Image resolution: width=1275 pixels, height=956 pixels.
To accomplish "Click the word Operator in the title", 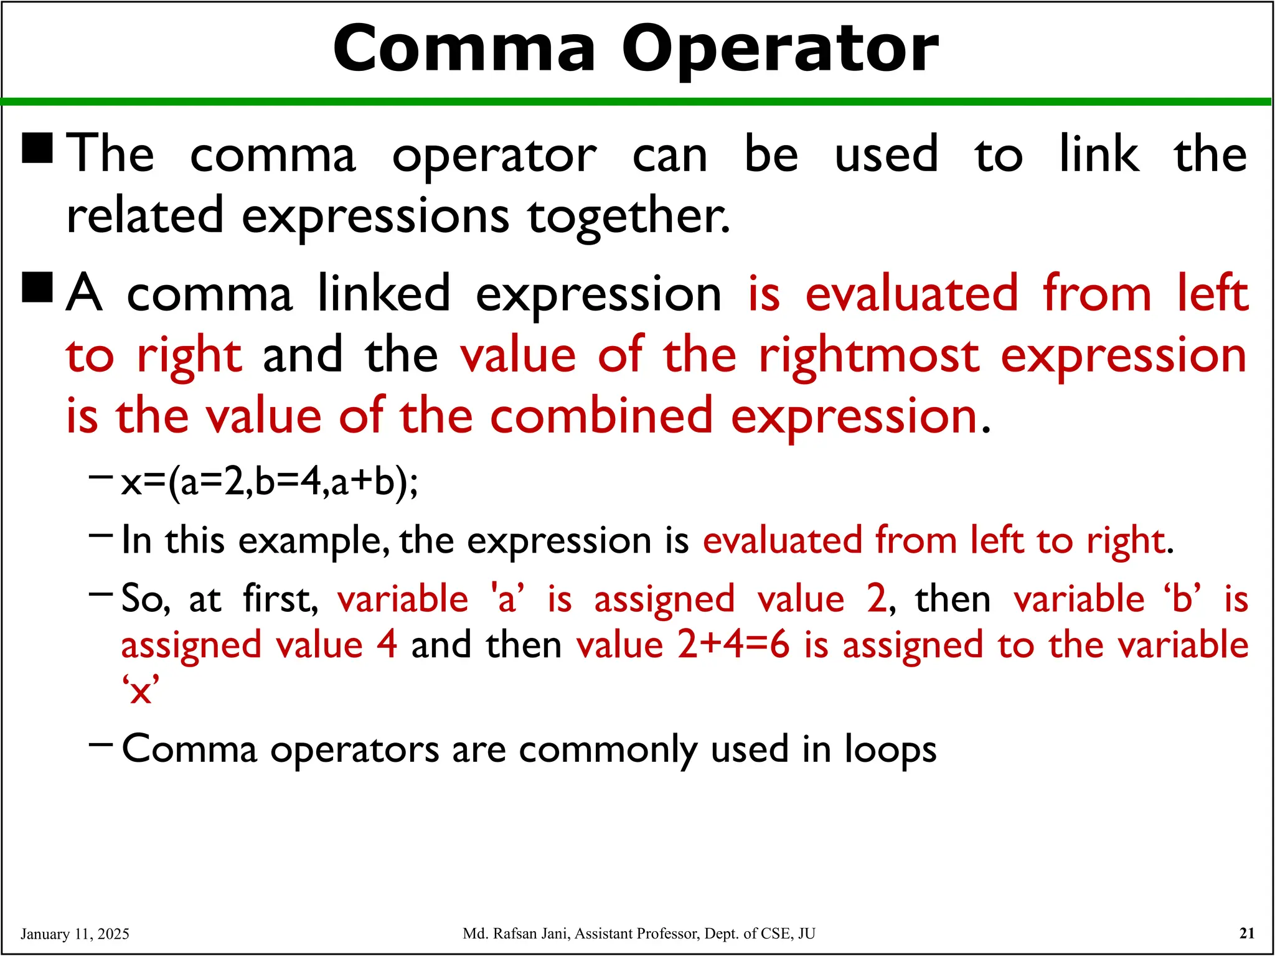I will [779, 50].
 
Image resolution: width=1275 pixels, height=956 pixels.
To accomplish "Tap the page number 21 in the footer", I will [1247, 933].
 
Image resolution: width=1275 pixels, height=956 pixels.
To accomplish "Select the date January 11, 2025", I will [75, 934].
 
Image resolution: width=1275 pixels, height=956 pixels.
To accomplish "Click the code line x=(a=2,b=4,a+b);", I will [270, 482].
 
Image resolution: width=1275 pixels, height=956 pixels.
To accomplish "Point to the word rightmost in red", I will [869, 356].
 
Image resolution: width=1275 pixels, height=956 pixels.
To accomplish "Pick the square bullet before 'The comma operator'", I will [37, 148].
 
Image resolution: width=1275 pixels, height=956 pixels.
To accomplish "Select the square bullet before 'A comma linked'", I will [37, 287].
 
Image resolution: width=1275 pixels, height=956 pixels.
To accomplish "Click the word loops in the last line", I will [890, 749].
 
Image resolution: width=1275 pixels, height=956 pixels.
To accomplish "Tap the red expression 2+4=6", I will [733, 645].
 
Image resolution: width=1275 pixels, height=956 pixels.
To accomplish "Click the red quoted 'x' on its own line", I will [141, 690].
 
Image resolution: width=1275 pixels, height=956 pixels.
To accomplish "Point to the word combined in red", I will [601, 416].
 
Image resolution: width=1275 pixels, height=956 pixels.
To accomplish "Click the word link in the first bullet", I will [1099, 154].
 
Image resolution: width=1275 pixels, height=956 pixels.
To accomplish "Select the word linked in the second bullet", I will [383, 293].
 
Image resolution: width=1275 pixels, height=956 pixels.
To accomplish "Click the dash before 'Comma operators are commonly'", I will [101, 743].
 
